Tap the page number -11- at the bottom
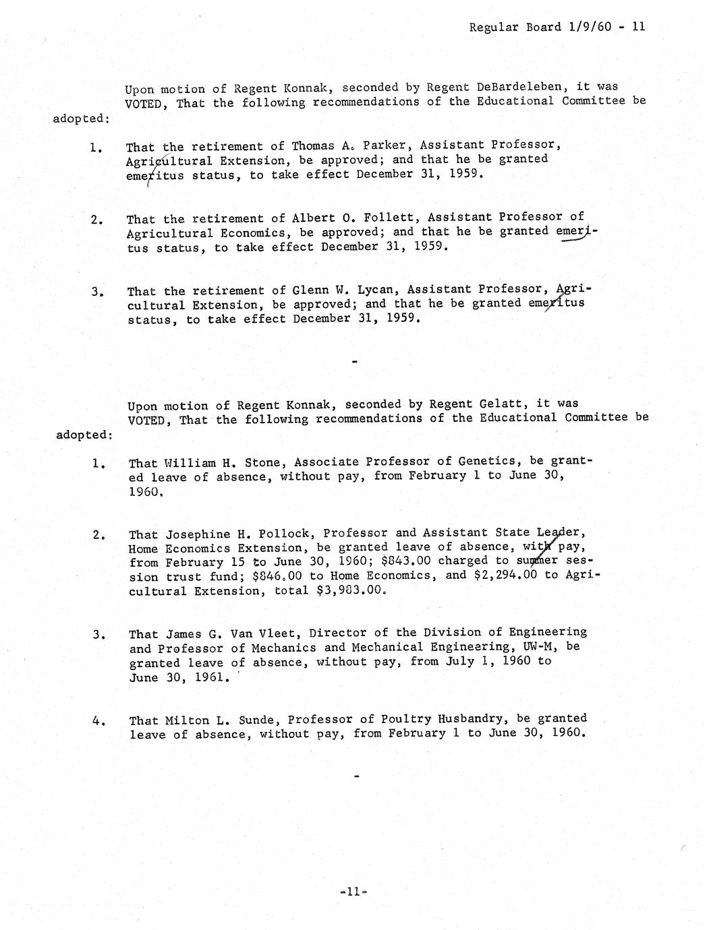[x=353, y=892]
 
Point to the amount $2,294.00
[x=500, y=576]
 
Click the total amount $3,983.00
[x=351, y=590]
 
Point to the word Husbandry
[x=471, y=718]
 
